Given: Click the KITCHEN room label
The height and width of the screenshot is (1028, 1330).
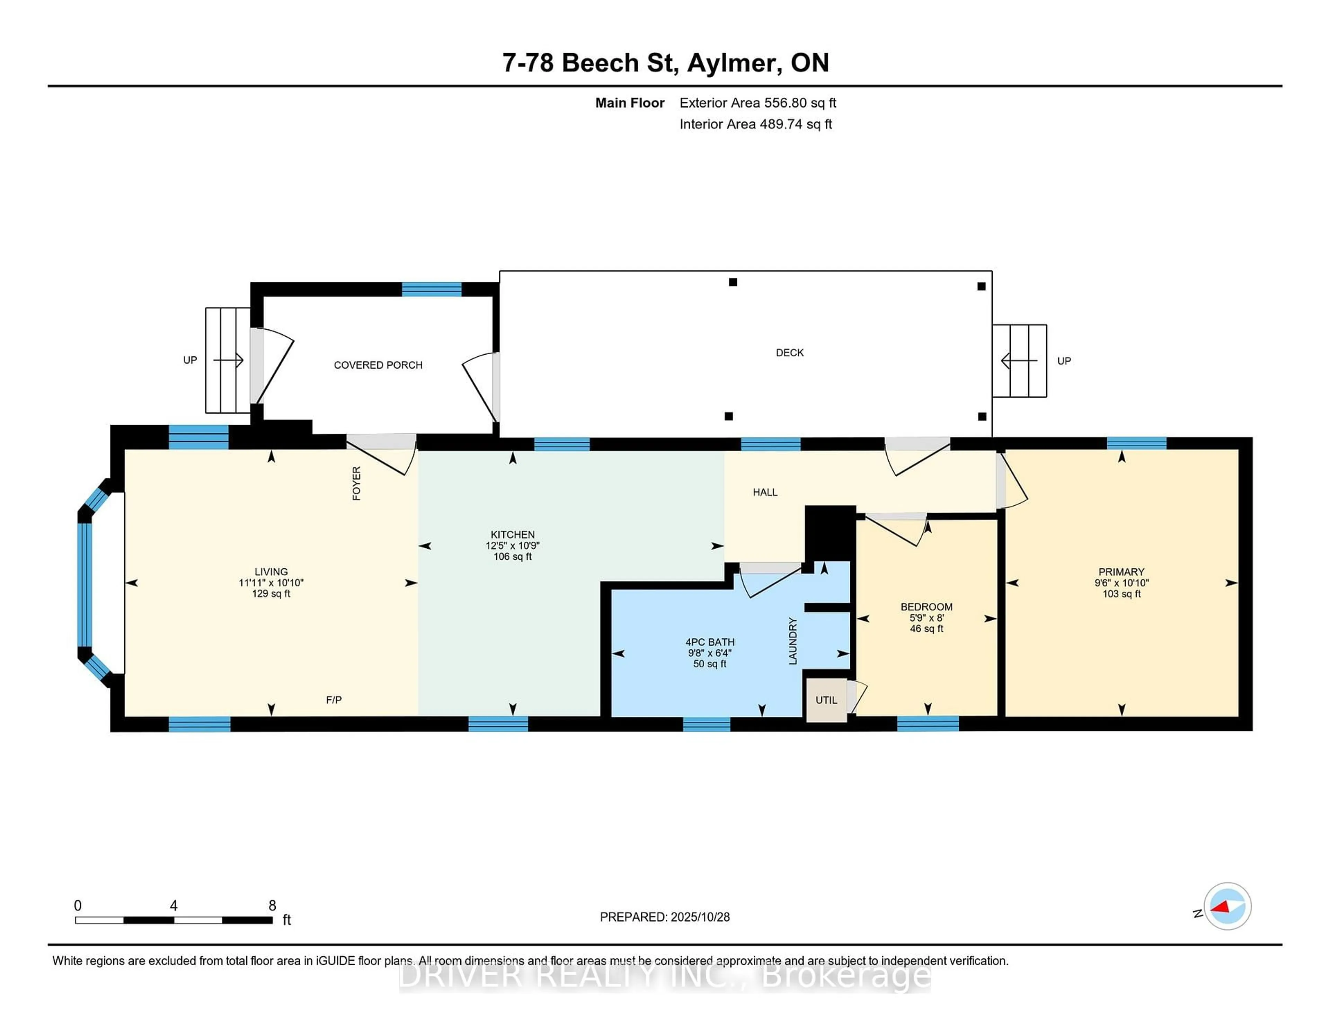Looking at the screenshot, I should pyautogui.click(x=512, y=534).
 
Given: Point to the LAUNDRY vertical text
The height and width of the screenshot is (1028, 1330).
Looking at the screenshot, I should pyautogui.click(x=792, y=641).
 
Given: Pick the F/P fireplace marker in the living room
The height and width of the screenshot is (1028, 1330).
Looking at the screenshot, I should pyautogui.click(x=334, y=700).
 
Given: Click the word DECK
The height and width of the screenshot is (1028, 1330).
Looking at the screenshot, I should pyautogui.click(x=789, y=353).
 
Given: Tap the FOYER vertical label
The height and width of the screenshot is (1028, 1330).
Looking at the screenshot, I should pyautogui.click(x=356, y=483).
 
